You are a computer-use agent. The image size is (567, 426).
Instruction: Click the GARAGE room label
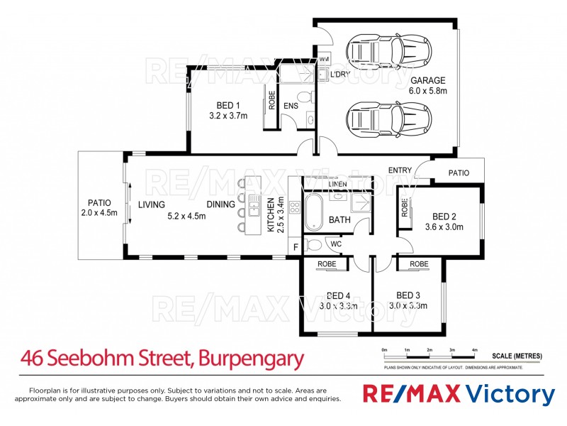428,80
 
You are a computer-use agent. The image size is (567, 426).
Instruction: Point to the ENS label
291,106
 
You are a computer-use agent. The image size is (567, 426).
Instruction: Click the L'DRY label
342,74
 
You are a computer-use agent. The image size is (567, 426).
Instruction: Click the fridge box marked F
296,246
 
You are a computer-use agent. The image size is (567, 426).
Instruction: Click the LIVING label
152,205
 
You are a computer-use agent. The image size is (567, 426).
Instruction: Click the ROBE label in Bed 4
327,264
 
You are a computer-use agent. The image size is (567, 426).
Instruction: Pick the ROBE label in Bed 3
419,264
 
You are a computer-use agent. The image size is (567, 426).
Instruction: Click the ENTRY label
400,170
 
